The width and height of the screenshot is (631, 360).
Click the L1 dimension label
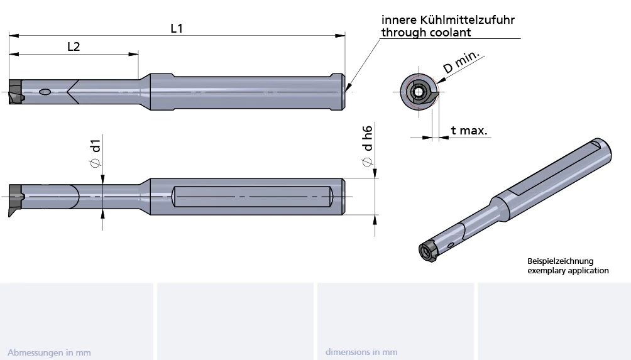(x=177, y=28)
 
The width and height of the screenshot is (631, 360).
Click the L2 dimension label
(x=74, y=46)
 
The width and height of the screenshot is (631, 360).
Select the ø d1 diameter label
(x=96, y=153)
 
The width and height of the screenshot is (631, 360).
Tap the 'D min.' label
(x=461, y=62)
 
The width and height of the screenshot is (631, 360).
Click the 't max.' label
(x=469, y=130)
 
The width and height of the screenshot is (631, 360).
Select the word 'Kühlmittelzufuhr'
(x=467, y=19)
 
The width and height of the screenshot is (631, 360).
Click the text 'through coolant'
(x=425, y=32)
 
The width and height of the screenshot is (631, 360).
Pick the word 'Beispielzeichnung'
(x=560, y=261)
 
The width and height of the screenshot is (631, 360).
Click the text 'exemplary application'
(x=568, y=270)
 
